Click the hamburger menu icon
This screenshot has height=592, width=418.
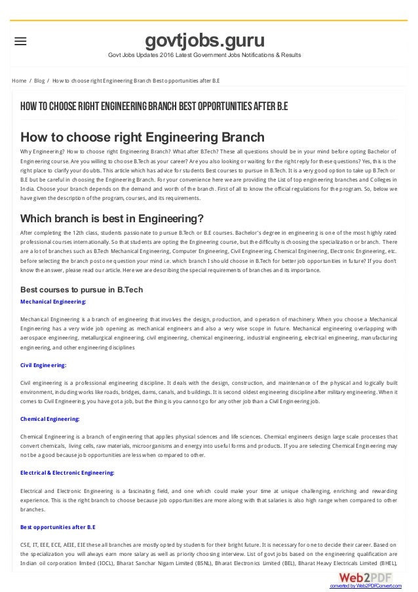pyautogui.click(x=20, y=41)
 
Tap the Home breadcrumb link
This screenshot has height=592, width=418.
pyautogui.click(x=19, y=81)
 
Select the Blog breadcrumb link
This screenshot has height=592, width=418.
pyautogui.click(x=39, y=81)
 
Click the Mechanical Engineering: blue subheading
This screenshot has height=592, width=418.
pyautogui.click(x=54, y=302)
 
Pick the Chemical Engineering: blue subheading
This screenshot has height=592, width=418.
pyautogui.click(x=51, y=418)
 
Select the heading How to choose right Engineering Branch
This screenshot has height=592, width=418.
pyautogui.click(x=143, y=137)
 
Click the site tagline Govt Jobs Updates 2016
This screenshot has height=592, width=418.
pyautogui.click(x=204, y=54)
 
